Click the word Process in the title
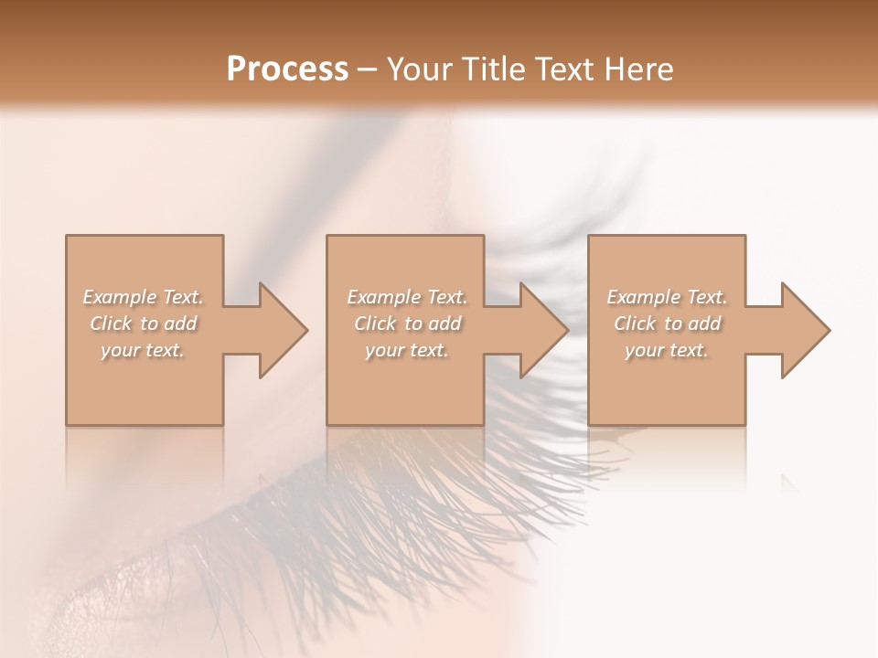point(287,69)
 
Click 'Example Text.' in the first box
point(144,297)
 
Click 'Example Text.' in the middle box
point(407,297)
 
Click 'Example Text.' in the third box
point(667,297)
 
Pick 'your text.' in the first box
point(143,350)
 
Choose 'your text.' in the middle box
point(406,350)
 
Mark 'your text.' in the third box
point(666,350)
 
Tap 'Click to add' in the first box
point(144,324)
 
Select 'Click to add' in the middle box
point(407,324)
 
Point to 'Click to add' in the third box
point(667,324)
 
